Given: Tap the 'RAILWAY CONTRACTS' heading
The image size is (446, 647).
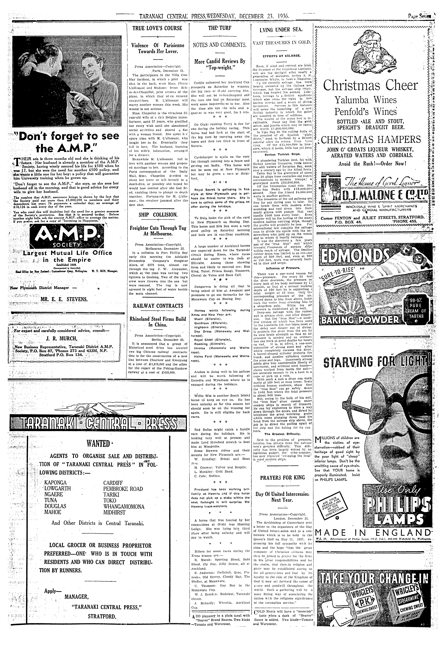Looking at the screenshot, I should (158, 306).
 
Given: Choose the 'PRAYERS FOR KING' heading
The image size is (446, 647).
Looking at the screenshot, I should (282, 478).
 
